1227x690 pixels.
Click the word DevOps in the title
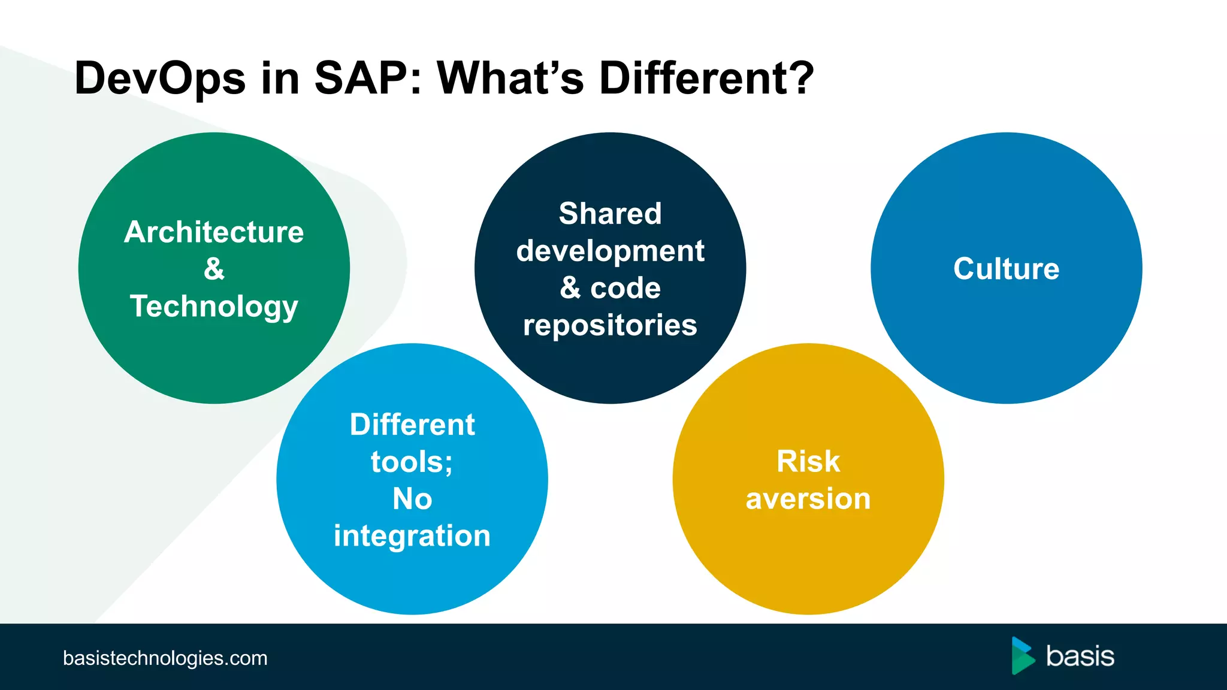[x=160, y=79]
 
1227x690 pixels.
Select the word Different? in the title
[x=706, y=78]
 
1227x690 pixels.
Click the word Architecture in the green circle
[x=214, y=232]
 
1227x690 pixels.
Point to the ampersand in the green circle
[x=214, y=268]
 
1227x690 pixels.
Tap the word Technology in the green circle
[x=214, y=307]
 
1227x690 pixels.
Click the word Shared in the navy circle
[x=610, y=213]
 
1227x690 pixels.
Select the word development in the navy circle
[x=610, y=251]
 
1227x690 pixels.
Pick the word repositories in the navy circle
[x=610, y=325]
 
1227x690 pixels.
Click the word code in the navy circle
[x=625, y=288]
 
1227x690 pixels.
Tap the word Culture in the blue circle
[x=1006, y=268]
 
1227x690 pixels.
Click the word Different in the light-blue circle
[x=412, y=425]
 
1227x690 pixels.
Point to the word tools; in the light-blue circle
[x=412, y=462]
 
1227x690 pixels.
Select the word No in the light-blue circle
[x=412, y=499]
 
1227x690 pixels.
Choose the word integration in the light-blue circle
[x=412, y=536]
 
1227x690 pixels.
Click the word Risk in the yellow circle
[x=808, y=462]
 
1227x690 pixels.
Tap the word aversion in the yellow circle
[x=808, y=499]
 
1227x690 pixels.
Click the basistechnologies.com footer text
[x=165, y=658]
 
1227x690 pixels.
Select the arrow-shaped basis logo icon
[x=1023, y=656]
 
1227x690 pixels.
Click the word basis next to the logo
[x=1080, y=656]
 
